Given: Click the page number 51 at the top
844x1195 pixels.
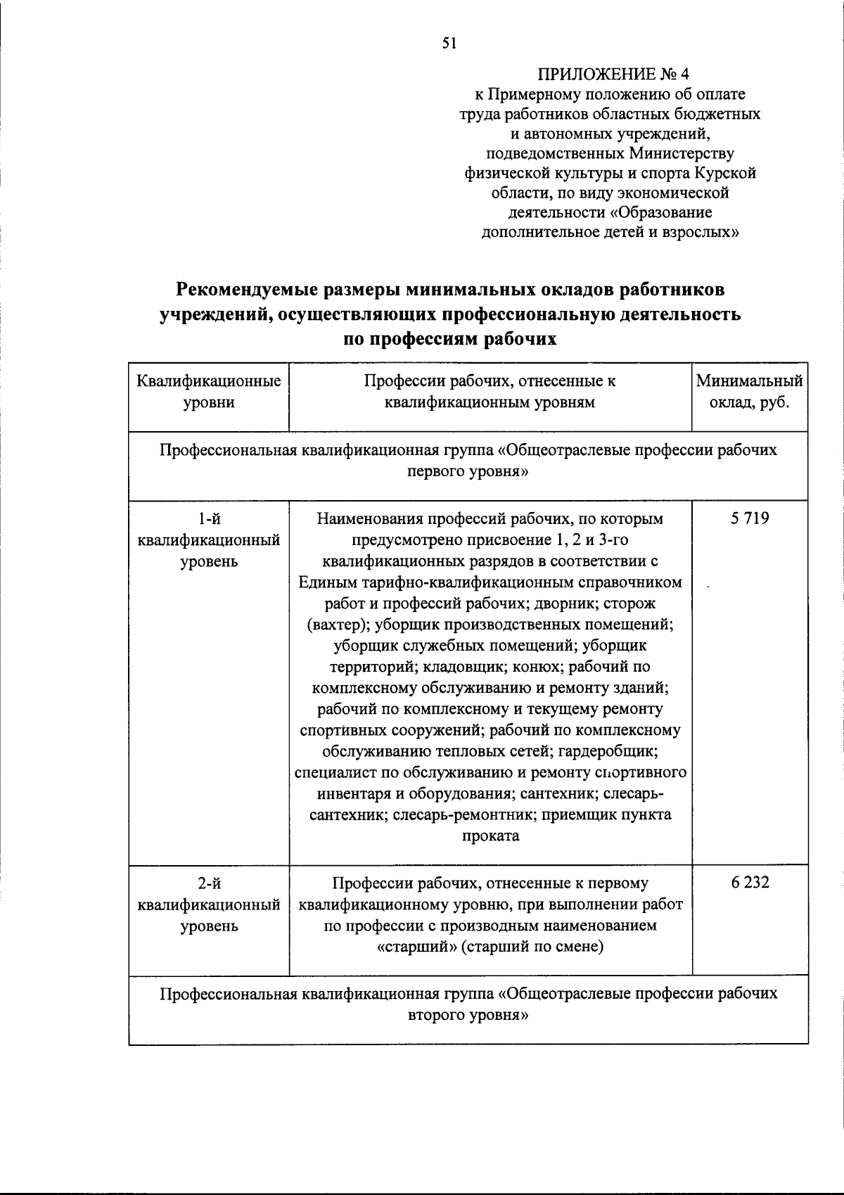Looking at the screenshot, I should [x=449, y=44].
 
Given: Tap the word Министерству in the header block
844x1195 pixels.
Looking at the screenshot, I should [x=682, y=153].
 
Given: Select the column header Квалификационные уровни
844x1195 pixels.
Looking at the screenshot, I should [x=209, y=392].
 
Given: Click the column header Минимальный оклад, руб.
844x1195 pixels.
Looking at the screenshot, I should [x=749, y=392].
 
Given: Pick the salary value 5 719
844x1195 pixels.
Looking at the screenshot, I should [x=749, y=519].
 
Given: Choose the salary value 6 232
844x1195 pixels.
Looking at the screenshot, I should [x=749, y=882].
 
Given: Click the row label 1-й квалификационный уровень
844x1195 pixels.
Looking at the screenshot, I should [x=209, y=540].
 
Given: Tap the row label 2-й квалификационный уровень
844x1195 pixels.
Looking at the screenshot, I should [x=209, y=904].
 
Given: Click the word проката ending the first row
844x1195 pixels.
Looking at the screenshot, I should [x=490, y=836].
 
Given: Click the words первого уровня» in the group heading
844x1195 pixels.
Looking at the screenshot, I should [x=468, y=471].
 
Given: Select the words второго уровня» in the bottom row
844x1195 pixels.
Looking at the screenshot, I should [x=468, y=1015].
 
